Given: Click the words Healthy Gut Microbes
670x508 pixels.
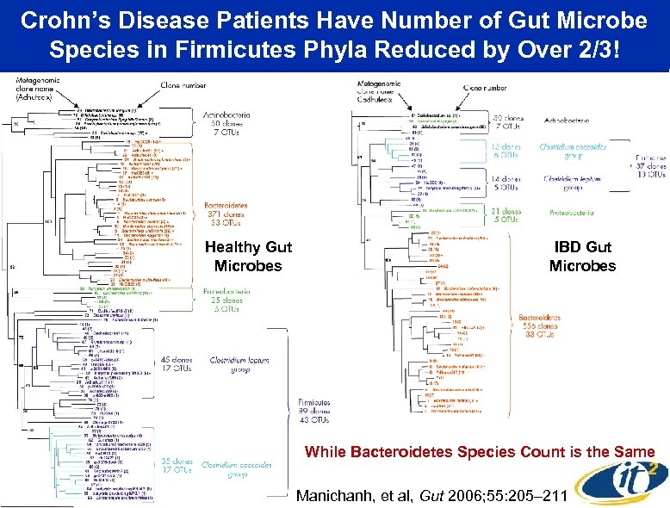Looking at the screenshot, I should tap(248, 257).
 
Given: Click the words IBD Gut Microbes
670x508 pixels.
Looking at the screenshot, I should tap(582, 257).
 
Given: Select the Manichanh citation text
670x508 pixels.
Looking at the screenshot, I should tap(408, 495).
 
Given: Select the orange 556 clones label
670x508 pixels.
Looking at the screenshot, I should tap(541, 327).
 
